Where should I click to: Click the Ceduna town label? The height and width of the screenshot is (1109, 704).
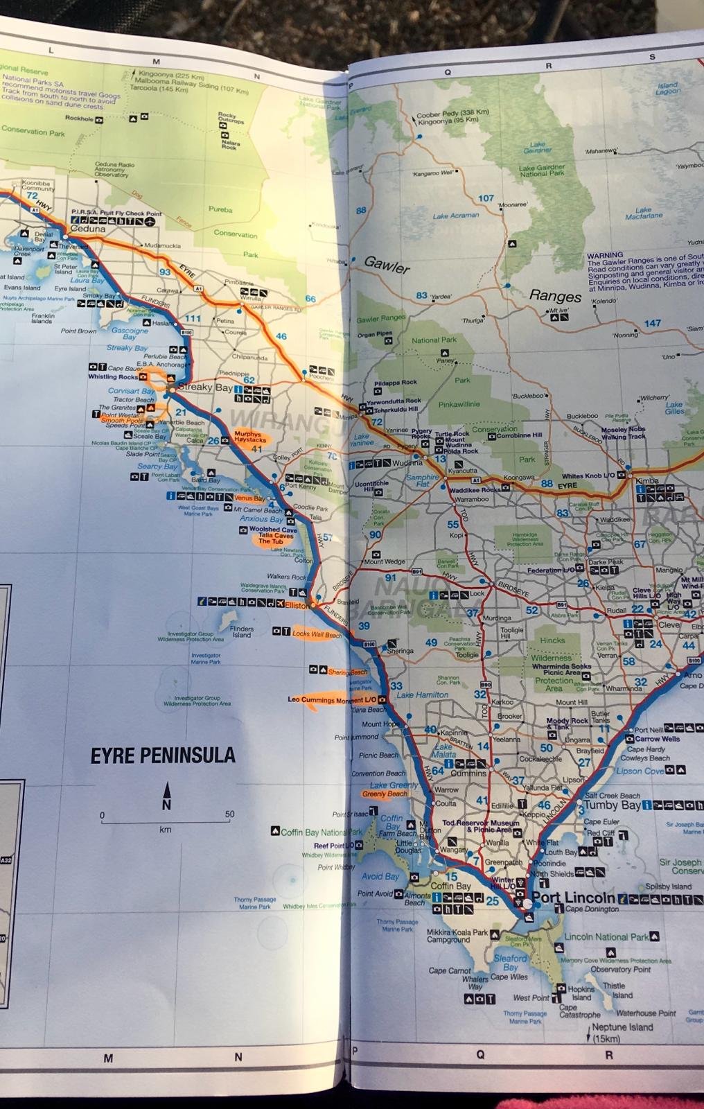click(x=88, y=229)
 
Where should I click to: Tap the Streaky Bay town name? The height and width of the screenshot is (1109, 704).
click(x=205, y=387)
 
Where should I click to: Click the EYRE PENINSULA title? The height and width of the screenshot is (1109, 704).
click(x=163, y=756)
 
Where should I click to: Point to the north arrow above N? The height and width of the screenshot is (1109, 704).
click(x=166, y=791)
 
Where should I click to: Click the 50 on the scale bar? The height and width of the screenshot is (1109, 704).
click(x=229, y=814)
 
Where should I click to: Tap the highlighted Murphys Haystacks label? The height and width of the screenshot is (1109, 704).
click(x=249, y=437)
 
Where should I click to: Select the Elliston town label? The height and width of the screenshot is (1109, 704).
click(x=297, y=605)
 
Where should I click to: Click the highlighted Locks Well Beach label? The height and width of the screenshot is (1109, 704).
click(x=317, y=634)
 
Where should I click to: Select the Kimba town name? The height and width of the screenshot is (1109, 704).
click(x=647, y=480)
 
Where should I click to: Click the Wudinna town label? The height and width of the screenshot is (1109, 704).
click(x=407, y=462)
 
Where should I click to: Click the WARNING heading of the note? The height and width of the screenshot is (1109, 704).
click(x=604, y=255)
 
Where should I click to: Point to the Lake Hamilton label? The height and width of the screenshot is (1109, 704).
click(x=422, y=695)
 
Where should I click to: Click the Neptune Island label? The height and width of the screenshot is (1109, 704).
click(x=622, y=1027)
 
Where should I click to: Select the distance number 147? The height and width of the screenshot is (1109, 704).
click(x=652, y=323)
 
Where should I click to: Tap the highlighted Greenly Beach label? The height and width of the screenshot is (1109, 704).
click(x=385, y=794)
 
